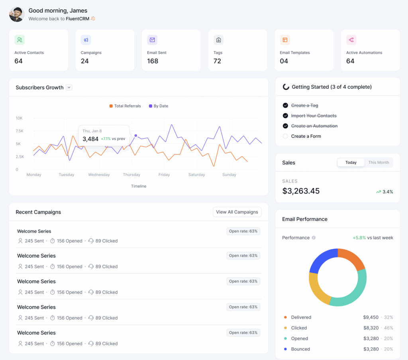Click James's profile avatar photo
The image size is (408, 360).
(x=17, y=14)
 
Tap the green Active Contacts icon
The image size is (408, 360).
(x=20, y=40)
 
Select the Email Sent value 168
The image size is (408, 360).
(x=153, y=61)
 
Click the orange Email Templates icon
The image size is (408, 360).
(x=285, y=40)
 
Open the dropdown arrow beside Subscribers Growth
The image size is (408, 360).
(x=69, y=88)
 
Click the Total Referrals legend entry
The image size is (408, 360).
(x=125, y=106)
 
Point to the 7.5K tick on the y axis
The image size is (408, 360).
(x=20, y=131)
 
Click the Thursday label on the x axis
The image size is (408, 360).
(x=131, y=175)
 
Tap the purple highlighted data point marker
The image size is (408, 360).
(x=136, y=136)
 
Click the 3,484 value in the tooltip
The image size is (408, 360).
(x=90, y=139)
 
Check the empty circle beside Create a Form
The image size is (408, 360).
(x=285, y=136)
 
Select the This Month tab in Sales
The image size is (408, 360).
(x=379, y=162)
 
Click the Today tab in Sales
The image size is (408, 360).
(x=351, y=162)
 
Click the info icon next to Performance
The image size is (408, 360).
(x=314, y=238)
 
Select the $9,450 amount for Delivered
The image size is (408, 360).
(x=371, y=317)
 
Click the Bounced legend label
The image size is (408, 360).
(x=300, y=349)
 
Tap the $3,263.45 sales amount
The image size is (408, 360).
(x=301, y=191)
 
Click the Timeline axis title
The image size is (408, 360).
(x=139, y=186)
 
